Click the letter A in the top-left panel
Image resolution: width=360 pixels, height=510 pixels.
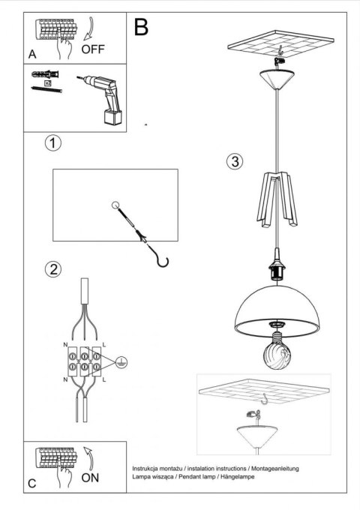tap(31, 55)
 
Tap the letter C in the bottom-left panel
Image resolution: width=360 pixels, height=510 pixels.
tap(31, 484)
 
